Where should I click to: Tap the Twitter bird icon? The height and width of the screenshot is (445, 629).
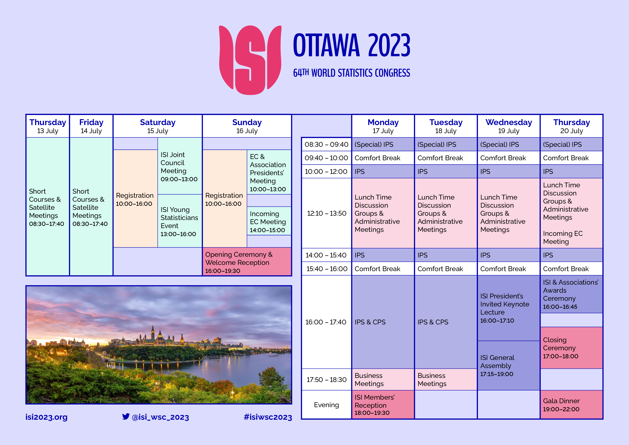(x=126, y=416)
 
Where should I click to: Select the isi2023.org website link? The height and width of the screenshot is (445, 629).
(x=46, y=417)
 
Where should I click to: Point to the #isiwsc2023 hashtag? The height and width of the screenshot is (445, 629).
(x=268, y=417)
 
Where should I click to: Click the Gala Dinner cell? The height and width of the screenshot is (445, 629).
(x=571, y=404)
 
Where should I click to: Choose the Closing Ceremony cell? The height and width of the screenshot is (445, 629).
(x=571, y=348)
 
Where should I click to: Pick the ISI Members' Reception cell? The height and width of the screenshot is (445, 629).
(x=383, y=404)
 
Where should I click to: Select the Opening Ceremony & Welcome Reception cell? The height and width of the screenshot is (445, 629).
(x=247, y=262)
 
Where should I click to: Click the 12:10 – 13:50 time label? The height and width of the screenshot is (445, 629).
(x=327, y=213)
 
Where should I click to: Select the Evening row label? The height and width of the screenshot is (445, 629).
(x=327, y=405)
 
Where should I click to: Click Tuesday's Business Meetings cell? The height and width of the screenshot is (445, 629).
(x=446, y=380)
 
